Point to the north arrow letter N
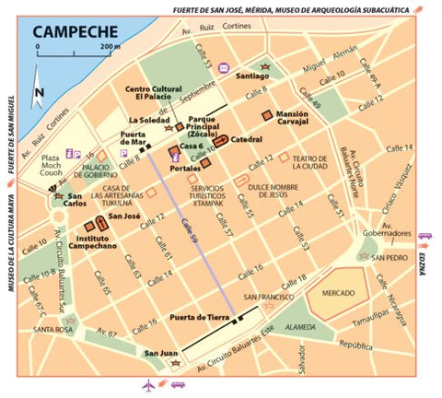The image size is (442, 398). tap(39, 92)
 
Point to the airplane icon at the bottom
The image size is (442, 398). tap(149, 385)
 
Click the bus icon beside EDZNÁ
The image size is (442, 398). tap(426, 236)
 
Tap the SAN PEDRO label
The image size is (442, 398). tap(390, 258)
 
